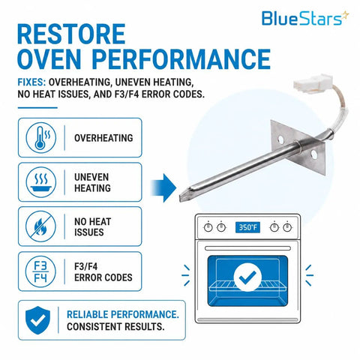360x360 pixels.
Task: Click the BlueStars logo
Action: coord(305,18)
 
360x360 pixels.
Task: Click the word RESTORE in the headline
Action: coord(71,34)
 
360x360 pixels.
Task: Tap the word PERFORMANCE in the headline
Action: coord(181,59)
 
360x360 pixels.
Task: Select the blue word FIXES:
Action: coord(31,82)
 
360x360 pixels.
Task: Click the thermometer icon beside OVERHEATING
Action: coord(41,137)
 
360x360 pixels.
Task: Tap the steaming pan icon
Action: coord(41,182)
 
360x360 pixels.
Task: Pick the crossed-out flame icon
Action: coord(41,226)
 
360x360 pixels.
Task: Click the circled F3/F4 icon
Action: coord(41,271)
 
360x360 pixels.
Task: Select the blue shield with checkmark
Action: coord(37,320)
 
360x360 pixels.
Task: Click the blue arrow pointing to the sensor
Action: coord(163,187)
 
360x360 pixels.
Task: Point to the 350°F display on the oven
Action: coord(247,227)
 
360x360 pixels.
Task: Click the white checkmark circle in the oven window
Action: coord(247,277)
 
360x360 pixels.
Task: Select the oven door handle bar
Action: coord(247,248)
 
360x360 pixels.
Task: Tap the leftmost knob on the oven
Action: coord(208,227)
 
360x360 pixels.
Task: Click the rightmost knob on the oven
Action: coord(287,227)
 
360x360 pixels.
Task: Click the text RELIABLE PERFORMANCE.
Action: coord(123,314)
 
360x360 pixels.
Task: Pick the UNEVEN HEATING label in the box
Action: coord(92,182)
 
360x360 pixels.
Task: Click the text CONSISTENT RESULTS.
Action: coord(115,327)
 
